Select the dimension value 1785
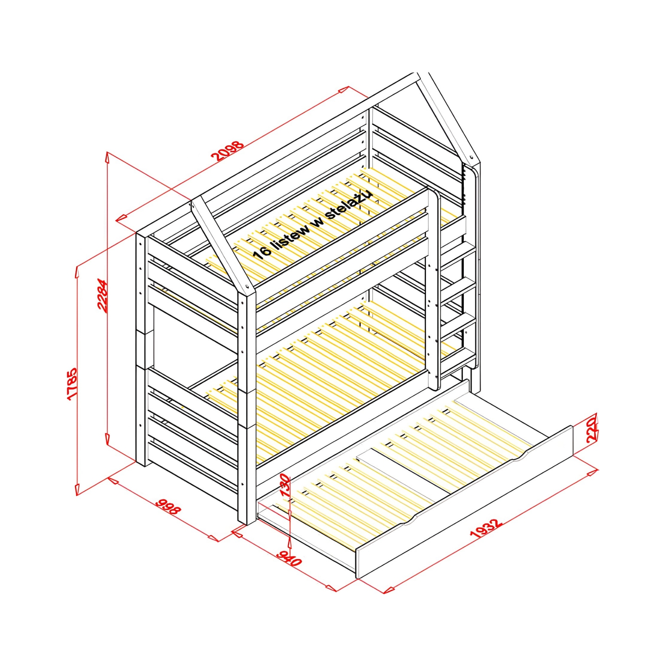pyautogui.click(x=72, y=383)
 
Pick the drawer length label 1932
pyautogui.click(x=486, y=532)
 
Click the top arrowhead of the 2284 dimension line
pyautogui.click(x=108, y=157)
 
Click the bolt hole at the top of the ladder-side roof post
pyautogui.click(x=471, y=156)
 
